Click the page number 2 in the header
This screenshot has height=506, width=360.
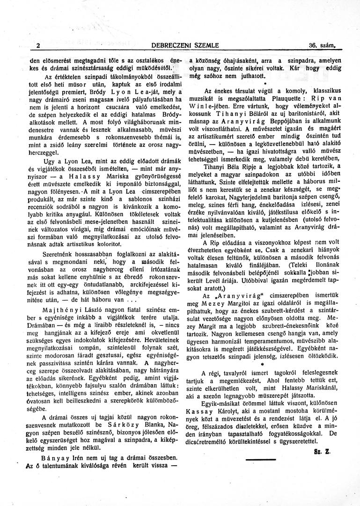tap(37, 45)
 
